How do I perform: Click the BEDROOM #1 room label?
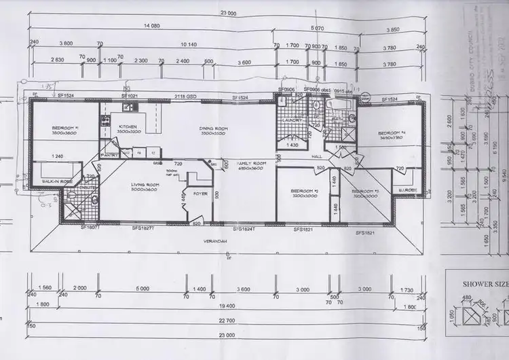66,128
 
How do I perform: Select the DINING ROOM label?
212,128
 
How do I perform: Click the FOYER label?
200,192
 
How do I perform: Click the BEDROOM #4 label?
392,133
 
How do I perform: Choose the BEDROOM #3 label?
364,192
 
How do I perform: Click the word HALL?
316,156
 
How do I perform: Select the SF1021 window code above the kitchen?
130,96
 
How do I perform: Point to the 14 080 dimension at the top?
151,25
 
